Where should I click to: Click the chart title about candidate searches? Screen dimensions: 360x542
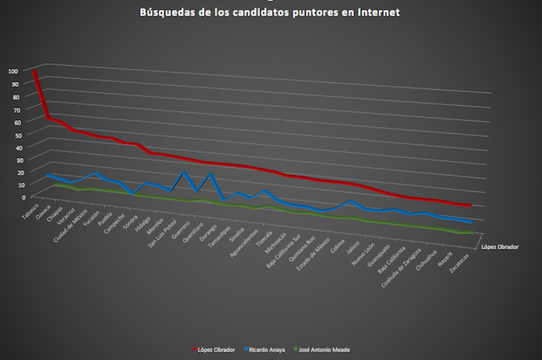pyautogui.click(x=271, y=12)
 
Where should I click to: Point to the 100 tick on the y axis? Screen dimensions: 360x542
pyautogui.click(x=12, y=71)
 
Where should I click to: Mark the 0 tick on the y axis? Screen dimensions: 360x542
pyautogui.click(x=16, y=197)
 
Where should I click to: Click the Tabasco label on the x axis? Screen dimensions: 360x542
pyautogui.click(x=30, y=213)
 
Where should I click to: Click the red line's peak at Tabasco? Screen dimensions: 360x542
pyautogui.click(x=35, y=72)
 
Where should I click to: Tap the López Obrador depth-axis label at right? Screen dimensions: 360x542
pyautogui.click(x=499, y=247)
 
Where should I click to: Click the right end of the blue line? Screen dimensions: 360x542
pyautogui.click(x=472, y=222)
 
